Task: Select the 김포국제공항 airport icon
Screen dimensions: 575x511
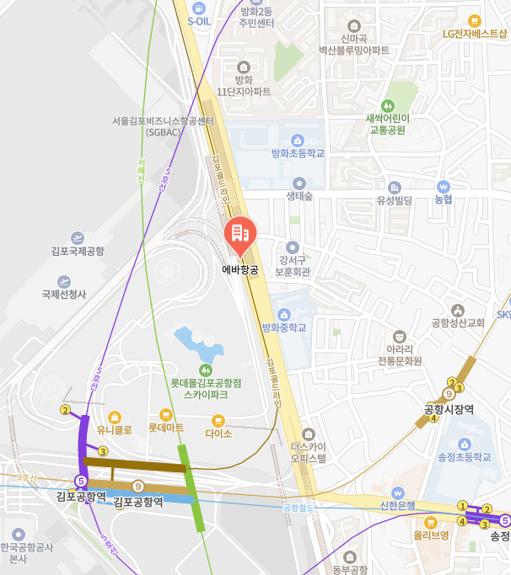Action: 78,238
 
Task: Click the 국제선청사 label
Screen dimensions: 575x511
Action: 64,295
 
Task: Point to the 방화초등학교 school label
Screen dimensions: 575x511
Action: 298,153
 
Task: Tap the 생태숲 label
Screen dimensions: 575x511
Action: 299,196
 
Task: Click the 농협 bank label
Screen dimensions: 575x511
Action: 444,200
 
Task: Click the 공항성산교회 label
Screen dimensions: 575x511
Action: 457,322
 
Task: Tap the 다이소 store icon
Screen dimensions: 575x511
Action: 218,420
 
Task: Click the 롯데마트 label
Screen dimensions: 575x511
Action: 166,428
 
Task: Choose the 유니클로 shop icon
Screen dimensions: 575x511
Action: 115,416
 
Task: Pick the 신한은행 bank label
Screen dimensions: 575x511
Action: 398,505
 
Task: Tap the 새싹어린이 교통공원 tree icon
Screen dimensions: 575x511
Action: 387,106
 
